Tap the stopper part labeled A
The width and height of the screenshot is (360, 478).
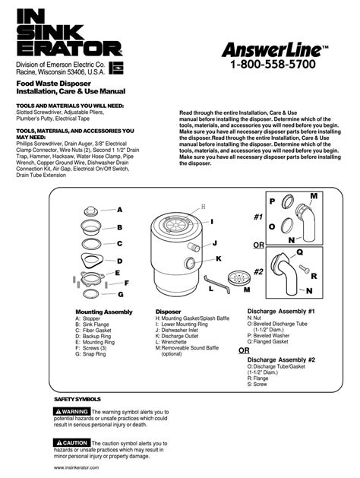(x=92, y=209)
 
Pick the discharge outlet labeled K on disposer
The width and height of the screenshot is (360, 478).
(x=188, y=263)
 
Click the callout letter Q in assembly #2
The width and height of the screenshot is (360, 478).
(x=300, y=251)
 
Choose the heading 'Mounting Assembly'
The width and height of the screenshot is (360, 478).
(x=103, y=312)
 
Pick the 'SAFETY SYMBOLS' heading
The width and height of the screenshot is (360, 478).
(x=77, y=398)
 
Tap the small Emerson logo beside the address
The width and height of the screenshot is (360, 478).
(x=116, y=68)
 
